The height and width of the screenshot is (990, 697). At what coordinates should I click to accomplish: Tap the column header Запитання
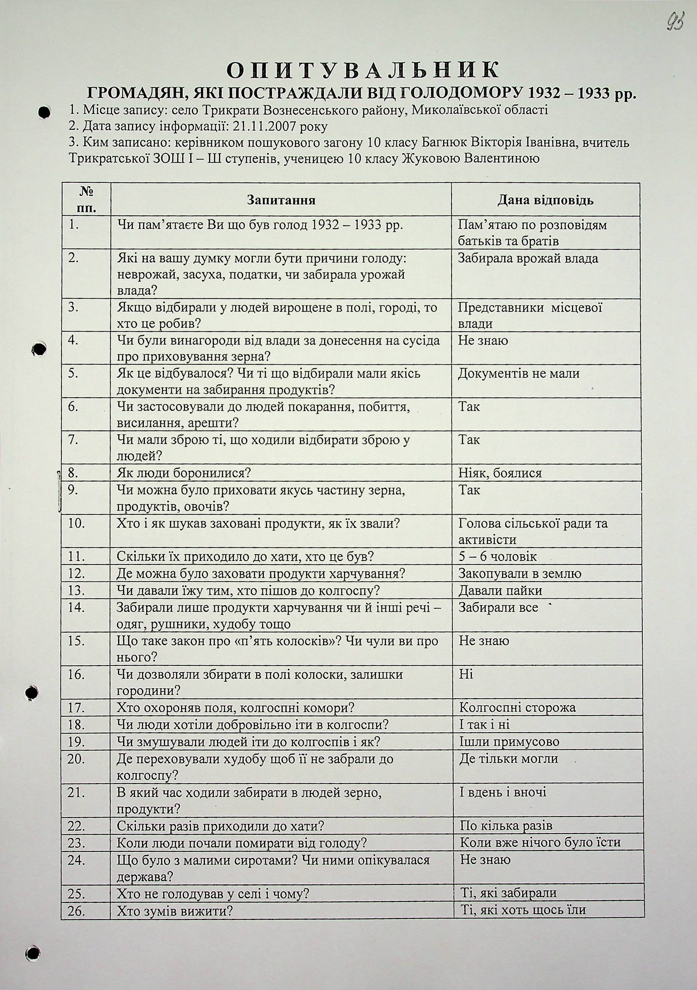[x=281, y=200]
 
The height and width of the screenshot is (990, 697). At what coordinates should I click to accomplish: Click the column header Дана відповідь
[x=545, y=200]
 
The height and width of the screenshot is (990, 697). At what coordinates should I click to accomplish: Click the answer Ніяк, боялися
[x=500, y=473]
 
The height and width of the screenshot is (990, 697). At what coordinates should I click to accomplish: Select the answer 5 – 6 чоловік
[x=497, y=557]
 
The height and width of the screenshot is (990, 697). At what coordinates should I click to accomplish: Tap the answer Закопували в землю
[x=520, y=573]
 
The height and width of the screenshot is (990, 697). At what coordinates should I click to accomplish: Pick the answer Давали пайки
[x=500, y=590]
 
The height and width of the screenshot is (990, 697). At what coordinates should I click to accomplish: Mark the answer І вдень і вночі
[x=503, y=792]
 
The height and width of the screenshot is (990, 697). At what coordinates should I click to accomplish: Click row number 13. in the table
[x=76, y=590]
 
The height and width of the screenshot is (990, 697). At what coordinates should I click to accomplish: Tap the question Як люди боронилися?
[x=184, y=473]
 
